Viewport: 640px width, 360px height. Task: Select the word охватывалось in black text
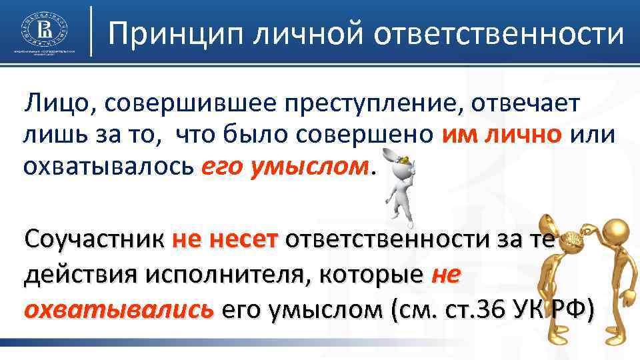pyautogui.click(x=107, y=164)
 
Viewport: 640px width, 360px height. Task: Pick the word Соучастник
pyautogui.click(x=93, y=239)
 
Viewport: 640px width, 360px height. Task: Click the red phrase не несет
pyautogui.click(x=224, y=239)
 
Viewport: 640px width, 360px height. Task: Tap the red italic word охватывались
pyautogui.click(x=119, y=309)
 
